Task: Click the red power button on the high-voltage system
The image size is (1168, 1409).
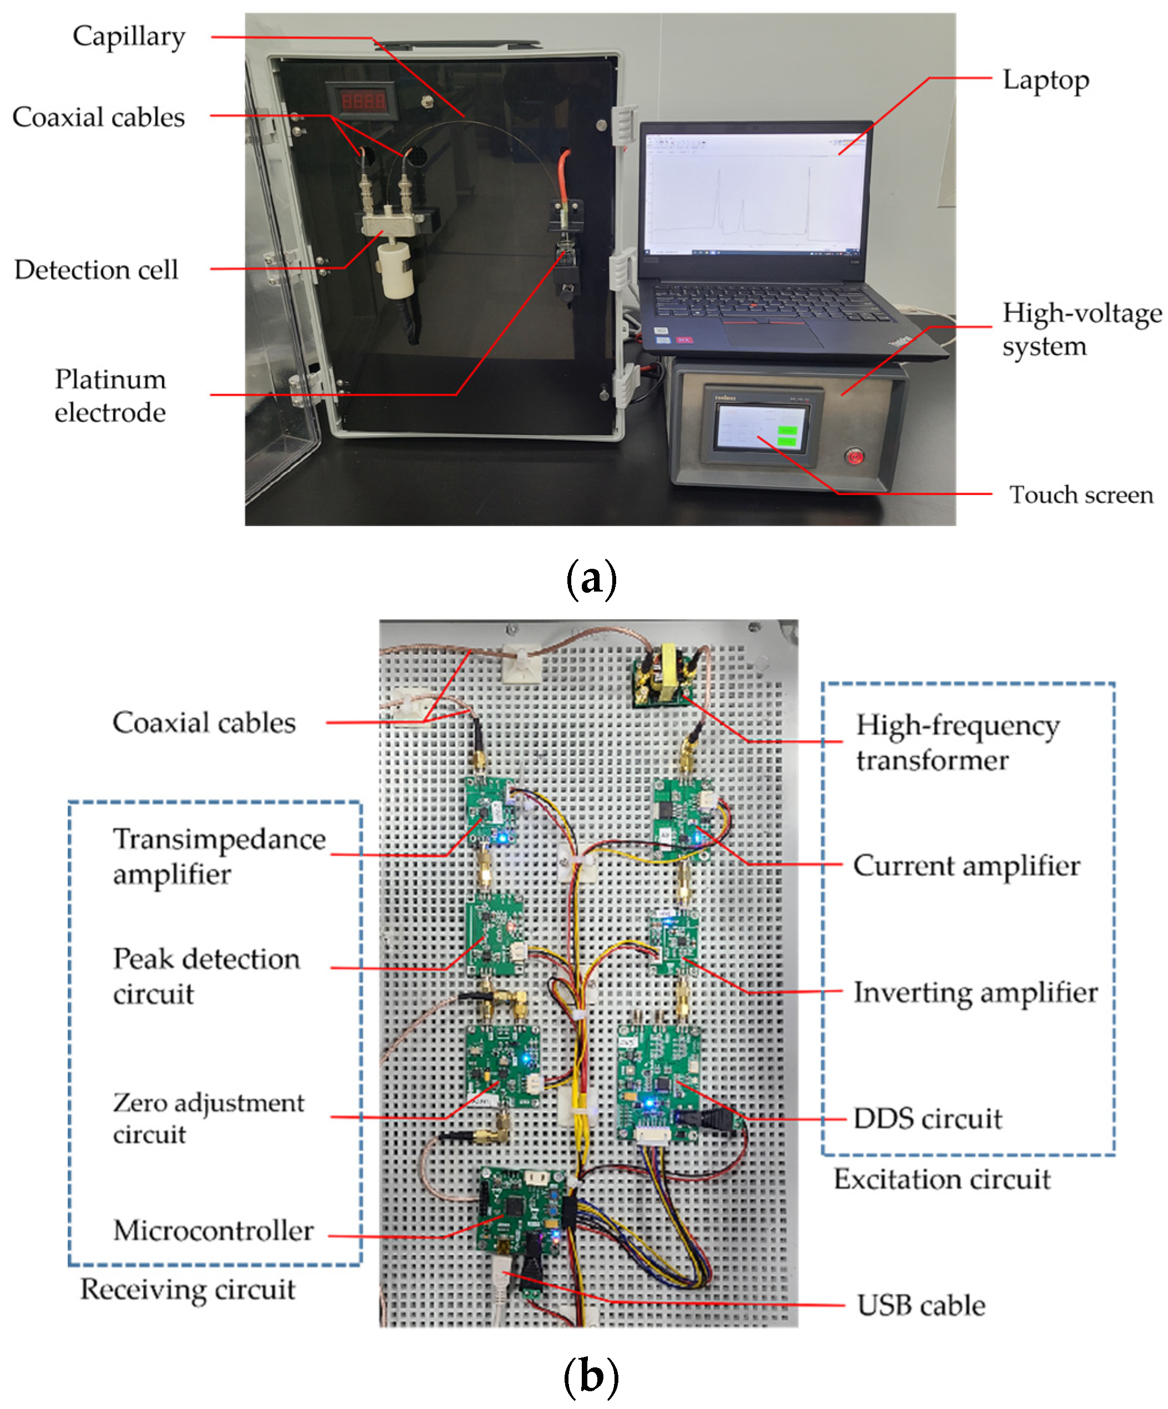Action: point(854,457)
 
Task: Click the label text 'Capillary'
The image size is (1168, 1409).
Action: point(129,37)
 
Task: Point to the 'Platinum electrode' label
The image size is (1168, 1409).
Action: point(110,395)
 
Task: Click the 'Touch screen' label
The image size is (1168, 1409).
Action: point(1080,494)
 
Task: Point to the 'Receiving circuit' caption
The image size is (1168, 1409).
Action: point(188,1289)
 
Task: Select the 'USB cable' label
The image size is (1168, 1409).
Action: point(921,1305)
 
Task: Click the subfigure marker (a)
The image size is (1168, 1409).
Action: point(591,579)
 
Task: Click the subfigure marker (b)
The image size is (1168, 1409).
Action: point(591,1376)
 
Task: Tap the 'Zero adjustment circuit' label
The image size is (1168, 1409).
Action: point(208,1118)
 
